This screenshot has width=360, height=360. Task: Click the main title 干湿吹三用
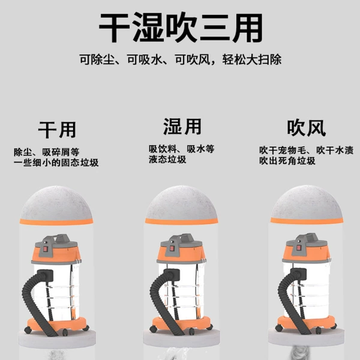(x=181, y=28)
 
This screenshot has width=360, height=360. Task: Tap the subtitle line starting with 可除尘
(x=181, y=59)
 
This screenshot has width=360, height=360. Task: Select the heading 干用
(x=57, y=130)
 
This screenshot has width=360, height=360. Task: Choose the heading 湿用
(x=182, y=127)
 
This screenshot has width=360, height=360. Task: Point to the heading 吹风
(x=306, y=128)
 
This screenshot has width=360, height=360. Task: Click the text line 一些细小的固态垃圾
(x=56, y=163)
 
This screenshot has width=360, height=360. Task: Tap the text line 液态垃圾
(x=167, y=160)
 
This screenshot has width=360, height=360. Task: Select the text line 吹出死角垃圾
(x=287, y=161)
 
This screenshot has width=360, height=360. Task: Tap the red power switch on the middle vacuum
(x=171, y=248)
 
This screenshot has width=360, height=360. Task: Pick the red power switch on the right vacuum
(x=298, y=248)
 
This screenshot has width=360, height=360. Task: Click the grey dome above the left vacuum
(x=56, y=203)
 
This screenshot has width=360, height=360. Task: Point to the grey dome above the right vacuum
(x=307, y=202)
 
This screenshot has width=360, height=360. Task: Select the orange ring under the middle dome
(x=181, y=221)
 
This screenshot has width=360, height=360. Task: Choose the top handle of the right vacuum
(x=310, y=238)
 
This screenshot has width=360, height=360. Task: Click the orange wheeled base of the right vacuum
(x=307, y=323)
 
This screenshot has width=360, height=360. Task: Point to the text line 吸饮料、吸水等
(x=181, y=149)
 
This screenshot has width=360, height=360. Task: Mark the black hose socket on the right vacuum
(x=298, y=274)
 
